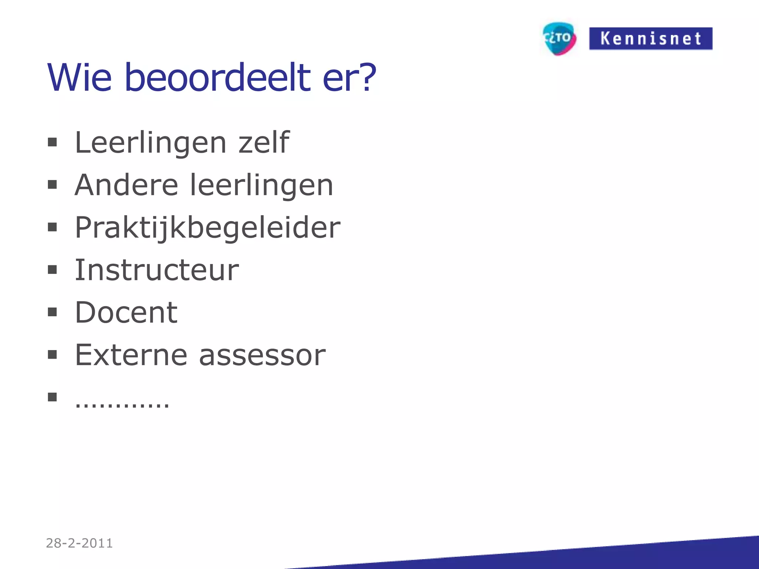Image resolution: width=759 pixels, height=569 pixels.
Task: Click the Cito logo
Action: tap(559, 39)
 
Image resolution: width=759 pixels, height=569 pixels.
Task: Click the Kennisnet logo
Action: tap(650, 39)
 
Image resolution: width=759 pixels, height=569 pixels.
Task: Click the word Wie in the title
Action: tap(80, 78)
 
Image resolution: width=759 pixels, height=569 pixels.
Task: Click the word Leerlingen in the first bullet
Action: tap(150, 143)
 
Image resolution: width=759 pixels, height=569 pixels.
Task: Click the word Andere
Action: tap(126, 185)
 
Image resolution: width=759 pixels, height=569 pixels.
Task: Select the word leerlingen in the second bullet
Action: tap(261, 185)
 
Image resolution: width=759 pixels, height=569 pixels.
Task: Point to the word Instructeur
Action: tap(157, 270)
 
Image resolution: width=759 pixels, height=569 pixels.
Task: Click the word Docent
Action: tap(126, 312)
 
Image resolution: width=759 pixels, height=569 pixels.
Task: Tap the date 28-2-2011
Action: tap(79, 543)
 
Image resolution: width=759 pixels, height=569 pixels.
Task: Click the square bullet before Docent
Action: tap(52, 312)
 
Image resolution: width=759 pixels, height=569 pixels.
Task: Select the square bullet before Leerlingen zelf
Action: tap(52, 143)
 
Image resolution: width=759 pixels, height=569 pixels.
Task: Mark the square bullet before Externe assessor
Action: tap(52, 355)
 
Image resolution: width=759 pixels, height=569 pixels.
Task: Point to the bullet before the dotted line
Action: tap(52, 397)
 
